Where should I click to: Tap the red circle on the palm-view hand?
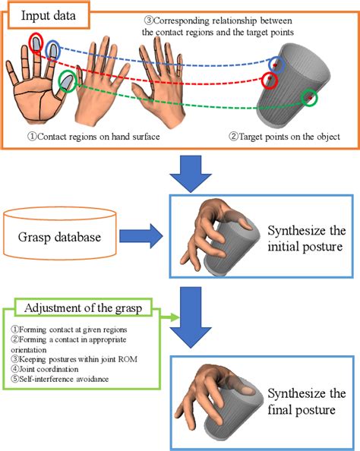coord(36,41)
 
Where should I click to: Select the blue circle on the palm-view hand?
coord(53,50)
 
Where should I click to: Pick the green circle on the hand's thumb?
coord(67,80)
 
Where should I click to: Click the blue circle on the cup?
coord(279,65)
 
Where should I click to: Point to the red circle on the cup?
coord(268,80)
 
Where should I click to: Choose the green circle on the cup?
coord(310,97)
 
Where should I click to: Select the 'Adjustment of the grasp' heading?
coord(83,307)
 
